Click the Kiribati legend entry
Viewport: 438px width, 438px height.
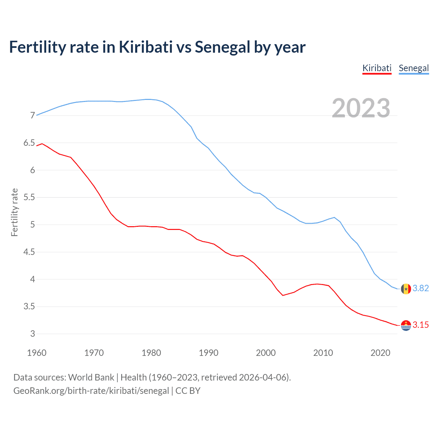377,68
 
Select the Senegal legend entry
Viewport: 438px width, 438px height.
414,68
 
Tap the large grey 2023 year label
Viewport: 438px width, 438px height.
361,108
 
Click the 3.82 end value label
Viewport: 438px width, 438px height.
421,288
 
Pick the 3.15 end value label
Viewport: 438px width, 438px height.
421,325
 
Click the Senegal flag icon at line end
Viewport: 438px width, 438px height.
406,289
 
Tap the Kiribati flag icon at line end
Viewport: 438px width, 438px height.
406,325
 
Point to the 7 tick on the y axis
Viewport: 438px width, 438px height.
33,116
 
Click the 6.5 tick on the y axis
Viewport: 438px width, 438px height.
29,143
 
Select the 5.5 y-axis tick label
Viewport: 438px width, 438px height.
29,197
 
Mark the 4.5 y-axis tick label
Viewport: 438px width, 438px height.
29,252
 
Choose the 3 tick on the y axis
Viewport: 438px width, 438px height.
33,334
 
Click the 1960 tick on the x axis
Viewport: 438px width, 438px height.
37,353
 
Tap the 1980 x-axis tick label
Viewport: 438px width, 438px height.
151,353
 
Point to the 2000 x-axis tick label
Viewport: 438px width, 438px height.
266,353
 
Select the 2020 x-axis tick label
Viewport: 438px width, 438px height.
380,353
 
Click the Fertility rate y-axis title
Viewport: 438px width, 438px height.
14,212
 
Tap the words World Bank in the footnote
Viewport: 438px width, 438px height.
91,377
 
